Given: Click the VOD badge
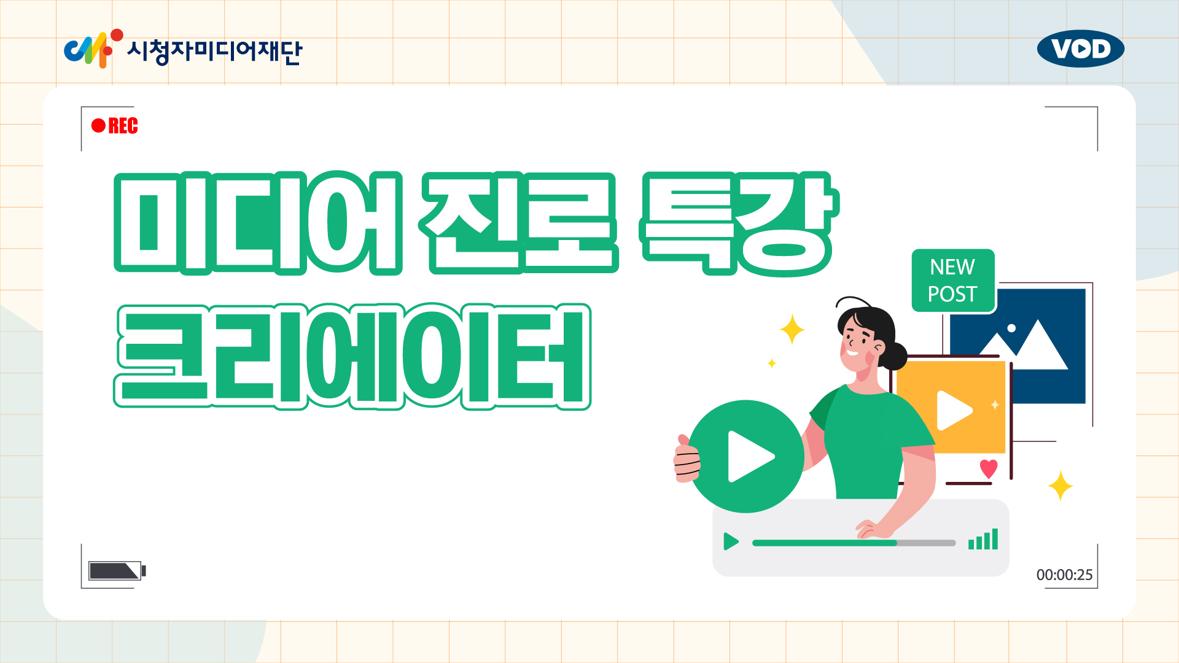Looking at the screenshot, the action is [1081, 48].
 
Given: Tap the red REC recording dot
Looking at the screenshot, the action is [98, 126].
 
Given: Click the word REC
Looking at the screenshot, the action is [123, 126].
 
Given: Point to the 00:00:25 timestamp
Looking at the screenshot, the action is [1064, 575].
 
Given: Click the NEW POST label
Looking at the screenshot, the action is [952, 281].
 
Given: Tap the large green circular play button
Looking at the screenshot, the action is [746, 456].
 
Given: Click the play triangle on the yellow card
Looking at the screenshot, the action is [954, 410].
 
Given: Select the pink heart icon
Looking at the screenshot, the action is [989, 468].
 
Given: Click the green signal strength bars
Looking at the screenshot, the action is [983, 539].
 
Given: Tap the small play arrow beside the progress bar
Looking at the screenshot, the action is [731, 541].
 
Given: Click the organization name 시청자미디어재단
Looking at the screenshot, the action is [214, 51].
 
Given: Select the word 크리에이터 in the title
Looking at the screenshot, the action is [352, 356].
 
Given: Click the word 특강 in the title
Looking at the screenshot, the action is [739, 223].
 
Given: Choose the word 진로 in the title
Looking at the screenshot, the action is [519, 222].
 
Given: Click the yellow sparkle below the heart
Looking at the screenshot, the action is [1060, 486].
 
